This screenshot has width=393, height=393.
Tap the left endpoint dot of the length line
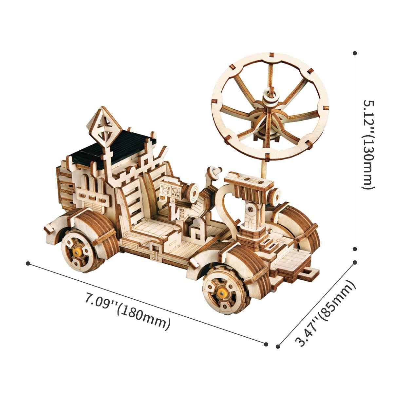click(28, 263)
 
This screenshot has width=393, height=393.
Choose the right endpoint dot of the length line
click(266, 344)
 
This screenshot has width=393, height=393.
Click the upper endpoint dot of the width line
click(355, 263)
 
